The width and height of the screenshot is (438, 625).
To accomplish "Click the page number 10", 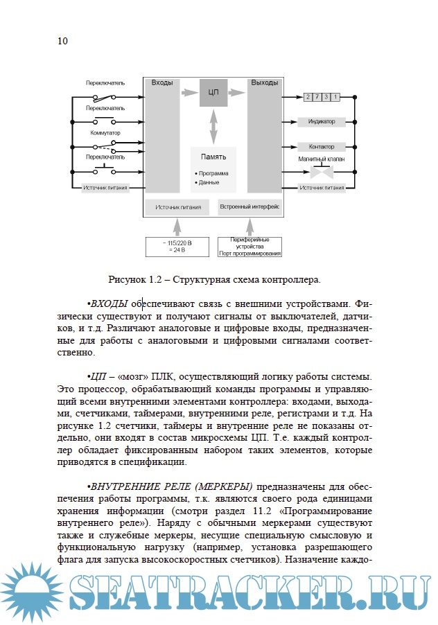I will pyautogui.click(x=62, y=41).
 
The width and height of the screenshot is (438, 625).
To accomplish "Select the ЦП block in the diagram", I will pyautogui.click(x=213, y=92).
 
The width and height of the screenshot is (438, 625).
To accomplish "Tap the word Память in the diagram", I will pyautogui.click(x=213, y=157).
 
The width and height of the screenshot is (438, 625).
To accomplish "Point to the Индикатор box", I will pyautogui.click(x=321, y=122).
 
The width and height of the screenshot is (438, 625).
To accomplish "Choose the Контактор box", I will pyautogui.click(x=321, y=147).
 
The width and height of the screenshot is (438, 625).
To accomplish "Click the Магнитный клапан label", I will pyautogui.click(x=321, y=159).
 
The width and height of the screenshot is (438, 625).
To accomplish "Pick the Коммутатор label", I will pyautogui.click(x=105, y=132).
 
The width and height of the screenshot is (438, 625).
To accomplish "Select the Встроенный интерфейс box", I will pyautogui.click(x=249, y=206).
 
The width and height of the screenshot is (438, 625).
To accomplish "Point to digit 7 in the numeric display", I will pyautogui.click(x=316, y=96).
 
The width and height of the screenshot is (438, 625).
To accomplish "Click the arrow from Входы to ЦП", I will pyautogui.click(x=189, y=91).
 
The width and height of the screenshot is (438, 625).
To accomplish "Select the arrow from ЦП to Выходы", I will pyautogui.click(x=238, y=91).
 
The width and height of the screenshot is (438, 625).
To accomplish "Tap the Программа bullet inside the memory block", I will pyautogui.click(x=212, y=173).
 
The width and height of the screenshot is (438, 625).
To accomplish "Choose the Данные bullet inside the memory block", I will pyautogui.click(x=208, y=182).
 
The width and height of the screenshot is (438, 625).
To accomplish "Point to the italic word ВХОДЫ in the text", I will pyautogui.click(x=109, y=303).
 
